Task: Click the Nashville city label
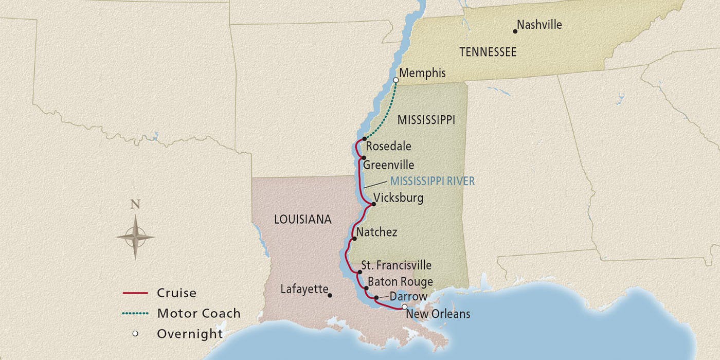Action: pos(539,25)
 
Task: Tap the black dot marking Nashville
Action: pos(515,31)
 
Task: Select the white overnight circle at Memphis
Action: pos(395,80)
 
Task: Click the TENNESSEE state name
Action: pos(488,52)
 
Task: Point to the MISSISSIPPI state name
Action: pos(426,120)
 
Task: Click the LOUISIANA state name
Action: pos(303,220)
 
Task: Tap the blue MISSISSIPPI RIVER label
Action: pos(432,181)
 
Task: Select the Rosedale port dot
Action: pos(364,139)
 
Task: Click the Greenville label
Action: pos(388,165)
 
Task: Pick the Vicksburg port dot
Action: pos(373,204)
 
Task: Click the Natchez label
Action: pos(376,232)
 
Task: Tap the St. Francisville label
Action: pos(396,265)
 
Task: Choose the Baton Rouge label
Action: pos(400,282)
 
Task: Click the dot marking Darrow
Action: pos(376,298)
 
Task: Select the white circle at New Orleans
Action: pos(404,307)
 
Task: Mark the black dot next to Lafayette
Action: pos(330,295)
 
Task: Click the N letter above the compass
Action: pos(135,204)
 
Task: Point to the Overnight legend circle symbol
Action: pos(135,333)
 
